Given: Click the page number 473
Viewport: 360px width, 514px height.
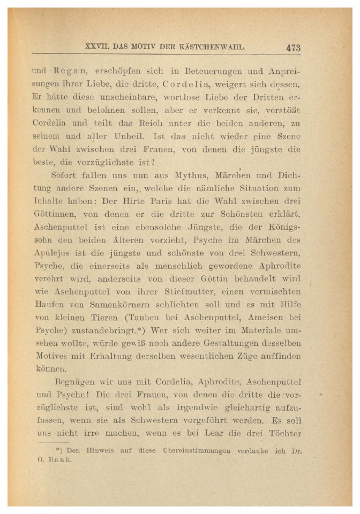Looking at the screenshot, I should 293,47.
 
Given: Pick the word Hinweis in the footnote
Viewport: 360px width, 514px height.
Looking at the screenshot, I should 96,451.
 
